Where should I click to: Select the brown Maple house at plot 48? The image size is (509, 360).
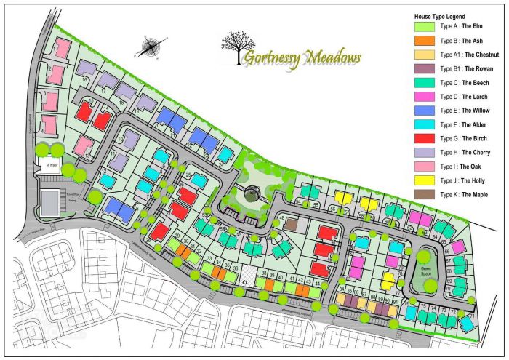(290, 225)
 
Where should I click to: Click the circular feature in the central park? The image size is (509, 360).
(252, 193)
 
